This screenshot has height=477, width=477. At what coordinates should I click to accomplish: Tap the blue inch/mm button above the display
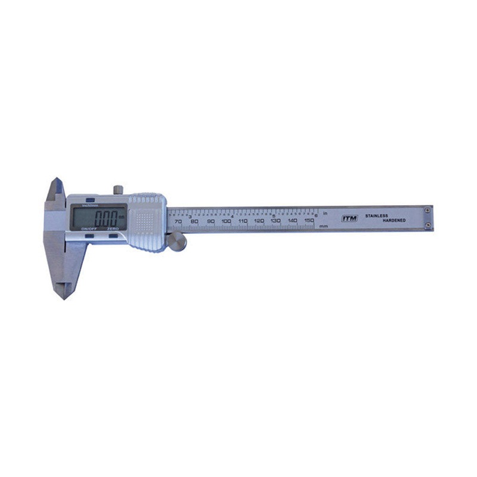tap(90, 200)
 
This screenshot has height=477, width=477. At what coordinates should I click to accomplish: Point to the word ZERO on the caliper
tap(113, 229)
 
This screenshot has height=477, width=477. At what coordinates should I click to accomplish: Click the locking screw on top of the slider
tap(119, 190)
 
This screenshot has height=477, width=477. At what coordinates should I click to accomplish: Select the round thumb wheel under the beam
tap(176, 241)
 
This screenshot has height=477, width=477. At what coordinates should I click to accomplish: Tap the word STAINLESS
tap(376, 215)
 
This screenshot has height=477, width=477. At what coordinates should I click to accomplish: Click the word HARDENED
tap(394, 221)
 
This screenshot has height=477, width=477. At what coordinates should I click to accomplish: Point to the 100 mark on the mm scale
tap(227, 221)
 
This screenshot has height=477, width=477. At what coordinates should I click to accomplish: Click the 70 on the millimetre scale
tap(178, 221)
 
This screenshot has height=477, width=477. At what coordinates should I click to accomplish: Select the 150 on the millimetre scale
tap(309, 221)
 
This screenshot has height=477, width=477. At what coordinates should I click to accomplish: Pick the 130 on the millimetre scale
tap(275, 221)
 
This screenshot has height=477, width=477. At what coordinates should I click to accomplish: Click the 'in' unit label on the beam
tap(325, 213)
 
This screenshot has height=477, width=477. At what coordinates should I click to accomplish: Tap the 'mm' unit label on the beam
tap(324, 227)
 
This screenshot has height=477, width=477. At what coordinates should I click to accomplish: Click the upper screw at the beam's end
tap(428, 210)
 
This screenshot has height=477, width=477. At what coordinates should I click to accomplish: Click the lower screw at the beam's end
tap(428, 224)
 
